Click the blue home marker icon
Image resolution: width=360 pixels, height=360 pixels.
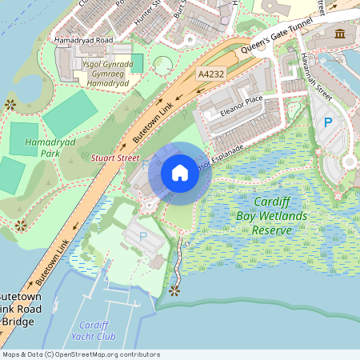point(179,173)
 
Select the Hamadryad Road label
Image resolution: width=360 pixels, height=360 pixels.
point(83,39)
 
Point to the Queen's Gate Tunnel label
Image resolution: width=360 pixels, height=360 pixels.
point(282,34)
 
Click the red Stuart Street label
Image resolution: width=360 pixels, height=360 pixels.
point(115,158)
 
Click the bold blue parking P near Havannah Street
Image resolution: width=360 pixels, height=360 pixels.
point(326,123)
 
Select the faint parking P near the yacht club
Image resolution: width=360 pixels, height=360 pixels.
point(143,237)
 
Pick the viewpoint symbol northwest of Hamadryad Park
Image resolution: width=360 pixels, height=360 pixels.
point(10,104)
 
